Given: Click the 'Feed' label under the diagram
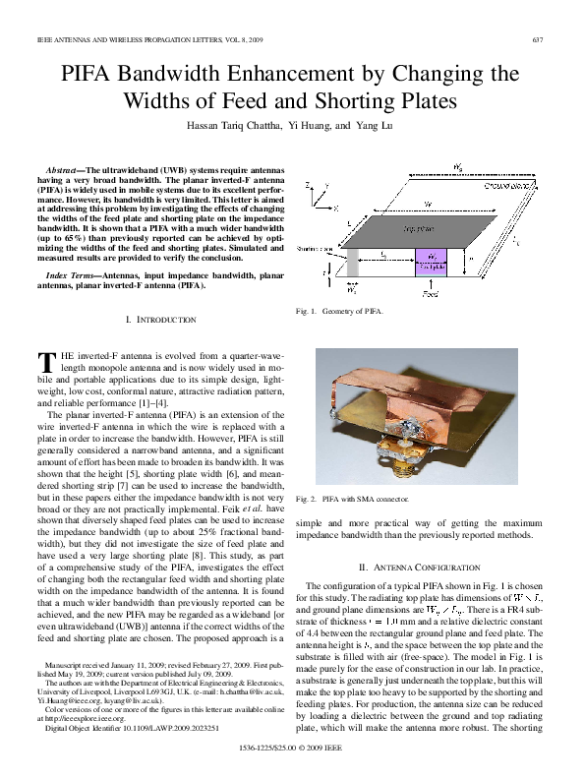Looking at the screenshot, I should (430, 293).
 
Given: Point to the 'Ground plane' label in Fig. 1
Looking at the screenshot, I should (506, 186).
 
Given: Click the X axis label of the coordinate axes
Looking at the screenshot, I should (336, 210).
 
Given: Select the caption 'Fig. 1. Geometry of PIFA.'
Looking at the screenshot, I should (339, 312).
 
